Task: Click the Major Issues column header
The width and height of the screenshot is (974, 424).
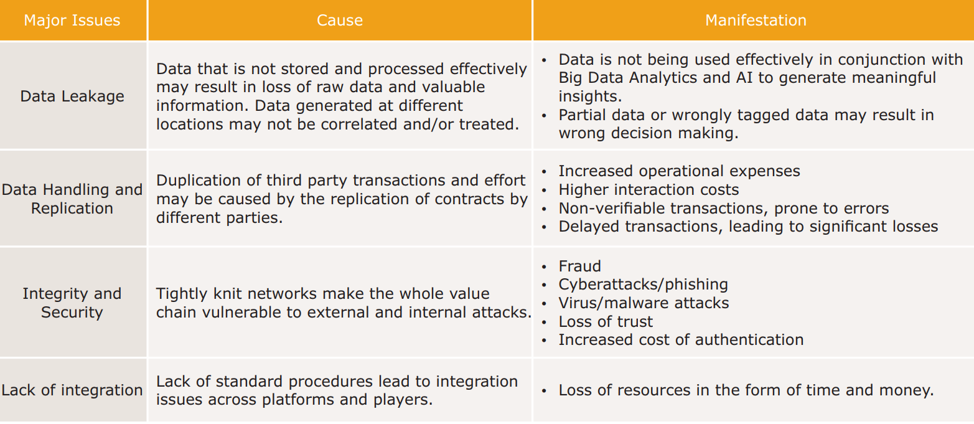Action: pyautogui.click(x=72, y=21)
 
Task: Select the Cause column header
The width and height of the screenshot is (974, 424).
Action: pyautogui.click(x=340, y=21)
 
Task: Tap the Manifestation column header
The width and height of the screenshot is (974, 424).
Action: pyautogui.click(x=756, y=21)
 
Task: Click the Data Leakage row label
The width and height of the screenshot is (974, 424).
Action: pyautogui.click(x=72, y=96)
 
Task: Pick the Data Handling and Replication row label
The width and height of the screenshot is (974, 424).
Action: pyautogui.click(x=72, y=199)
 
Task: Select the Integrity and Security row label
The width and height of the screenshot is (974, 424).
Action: pyautogui.click(x=72, y=303)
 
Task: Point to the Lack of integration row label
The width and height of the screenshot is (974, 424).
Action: pyautogui.click(x=72, y=390)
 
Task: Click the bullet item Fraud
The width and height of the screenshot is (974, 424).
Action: pyautogui.click(x=579, y=266)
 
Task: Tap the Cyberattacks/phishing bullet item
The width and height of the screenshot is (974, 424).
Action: pyautogui.click(x=643, y=285)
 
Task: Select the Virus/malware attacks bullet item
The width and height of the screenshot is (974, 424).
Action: pyautogui.click(x=644, y=303)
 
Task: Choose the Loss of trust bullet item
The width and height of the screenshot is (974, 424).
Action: pyautogui.click(x=606, y=321)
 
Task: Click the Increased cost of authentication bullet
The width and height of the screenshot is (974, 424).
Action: pyautogui.click(x=681, y=339)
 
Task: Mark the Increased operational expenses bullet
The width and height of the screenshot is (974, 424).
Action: pyautogui.click(x=679, y=171)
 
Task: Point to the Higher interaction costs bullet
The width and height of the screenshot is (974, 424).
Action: pyautogui.click(x=649, y=190)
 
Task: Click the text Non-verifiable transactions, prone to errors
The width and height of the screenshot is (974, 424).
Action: pyautogui.click(x=724, y=209)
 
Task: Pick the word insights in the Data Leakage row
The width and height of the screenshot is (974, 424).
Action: pyautogui.click(x=590, y=96)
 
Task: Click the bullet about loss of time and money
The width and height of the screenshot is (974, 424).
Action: pyautogui.click(x=746, y=390)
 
